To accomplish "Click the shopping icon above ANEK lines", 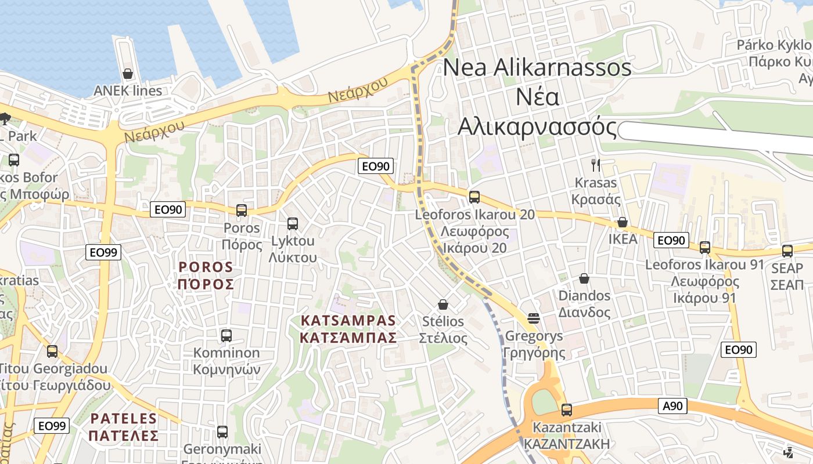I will pyautogui.click(x=128, y=74).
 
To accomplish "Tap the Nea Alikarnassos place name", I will pyautogui.click(x=537, y=96).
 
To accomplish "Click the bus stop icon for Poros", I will pyautogui.click(x=242, y=211).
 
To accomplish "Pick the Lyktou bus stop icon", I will pyautogui.click(x=293, y=223).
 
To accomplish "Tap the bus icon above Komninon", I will pyautogui.click(x=226, y=335).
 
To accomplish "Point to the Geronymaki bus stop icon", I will pyautogui.click(x=222, y=432).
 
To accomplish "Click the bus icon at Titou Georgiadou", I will pyautogui.click(x=52, y=351).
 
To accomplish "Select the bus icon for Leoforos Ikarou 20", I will pyautogui.click(x=474, y=197).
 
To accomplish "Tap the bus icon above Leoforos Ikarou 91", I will pyautogui.click(x=705, y=248).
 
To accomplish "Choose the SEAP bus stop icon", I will pyautogui.click(x=787, y=251).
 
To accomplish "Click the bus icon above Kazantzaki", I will pyautogui.click(x=567, y=410).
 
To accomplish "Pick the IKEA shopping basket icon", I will pyautogui.click(x=623, y=222).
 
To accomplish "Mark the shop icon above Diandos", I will pyautogui.click(x=584, y=279).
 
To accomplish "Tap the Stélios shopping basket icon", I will pyautogui.click(x=443, y=304).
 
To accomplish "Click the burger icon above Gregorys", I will pyautogui.click(x=534, y=318).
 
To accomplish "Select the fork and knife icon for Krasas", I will pyautogui.click(x=595, y=165).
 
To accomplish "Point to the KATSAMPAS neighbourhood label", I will pyautogui.click(x=348, y=329).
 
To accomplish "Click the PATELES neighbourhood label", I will pyautogui.click(x=124, y=427).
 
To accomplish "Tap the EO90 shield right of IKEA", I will pyautogui.click(x=671, y=240).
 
